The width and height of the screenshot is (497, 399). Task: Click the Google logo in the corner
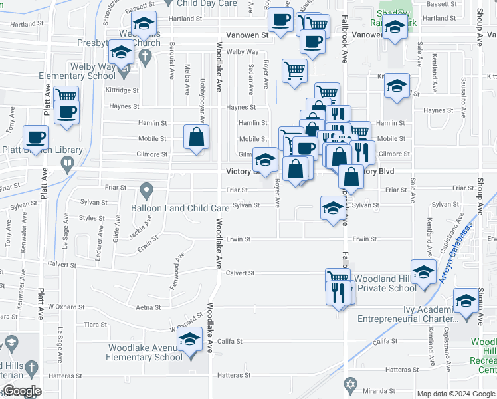click(x=21, y=391)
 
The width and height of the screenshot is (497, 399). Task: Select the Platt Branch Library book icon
click(x=67, y=164)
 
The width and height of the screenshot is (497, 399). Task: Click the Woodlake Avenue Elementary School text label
click(x=146, y=352)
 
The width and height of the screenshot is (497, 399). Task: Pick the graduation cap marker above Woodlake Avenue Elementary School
click(x=190, y=340)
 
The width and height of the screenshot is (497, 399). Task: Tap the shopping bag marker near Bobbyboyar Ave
click(x=197, y=138)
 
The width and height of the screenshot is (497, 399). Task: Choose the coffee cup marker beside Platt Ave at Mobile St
click(x=35, y=138)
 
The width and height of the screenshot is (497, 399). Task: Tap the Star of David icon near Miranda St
click(x=351, y=384)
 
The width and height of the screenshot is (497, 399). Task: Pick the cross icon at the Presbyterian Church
click(x=143, y=57)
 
